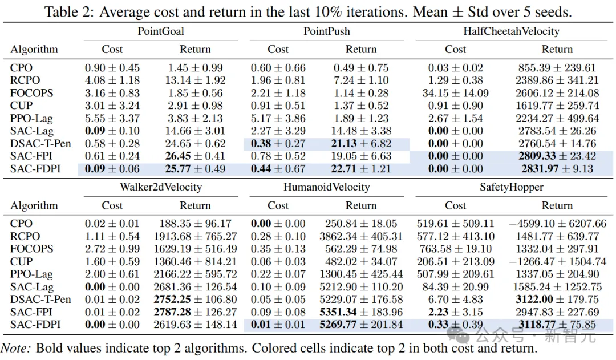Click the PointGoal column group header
click(x=161, y=31)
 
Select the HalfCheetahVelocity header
click(x=510, y=31)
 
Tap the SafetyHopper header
click(x=510, y=187)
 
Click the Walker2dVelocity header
click(x=161, y=187)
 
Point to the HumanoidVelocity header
click(x=326, y=187)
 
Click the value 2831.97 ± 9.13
click(x=557, y=168)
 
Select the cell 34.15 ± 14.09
click(x=455, y=93)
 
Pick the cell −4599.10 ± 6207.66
click(x=557, y=224)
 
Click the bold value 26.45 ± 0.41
click(x=194, y=156)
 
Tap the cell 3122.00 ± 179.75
click(x=557, y=300)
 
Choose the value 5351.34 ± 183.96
click(x=361, y=312)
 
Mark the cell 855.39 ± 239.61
click(x=557, y=68)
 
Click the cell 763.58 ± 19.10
click(x=455, y=249)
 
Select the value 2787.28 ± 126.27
click(x=194, y=312)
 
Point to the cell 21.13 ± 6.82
click(x=361, y=143)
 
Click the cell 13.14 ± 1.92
click(x=194, y=80)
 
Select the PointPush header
click(x=326, y=31)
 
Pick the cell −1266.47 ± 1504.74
click(x=557, y=261)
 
